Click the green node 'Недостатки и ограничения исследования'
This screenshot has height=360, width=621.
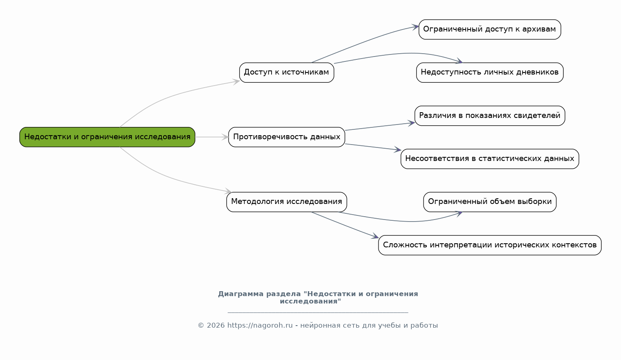click(x=107, y=137)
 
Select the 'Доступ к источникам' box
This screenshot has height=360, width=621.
click(x=287, y=72)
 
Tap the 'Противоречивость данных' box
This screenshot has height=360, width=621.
click(x=287, y=137)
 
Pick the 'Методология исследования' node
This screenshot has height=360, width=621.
click(x=287, y=202)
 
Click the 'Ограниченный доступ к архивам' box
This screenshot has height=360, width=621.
click(x=490, y=29)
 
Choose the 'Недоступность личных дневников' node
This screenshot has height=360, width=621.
click(x=490, y=72)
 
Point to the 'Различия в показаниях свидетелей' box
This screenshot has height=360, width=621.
click(x=490, y=115)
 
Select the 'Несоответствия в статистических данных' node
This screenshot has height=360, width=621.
click(x=490, y=159)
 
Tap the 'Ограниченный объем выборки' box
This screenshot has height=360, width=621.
click(x=490, y=202)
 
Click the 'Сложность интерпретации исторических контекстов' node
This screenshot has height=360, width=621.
click(x=490, y=245)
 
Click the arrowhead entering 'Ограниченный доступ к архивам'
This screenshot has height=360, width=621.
click(x=415, y=27)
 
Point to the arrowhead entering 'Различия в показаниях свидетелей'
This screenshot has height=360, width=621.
click(x=411, y=123)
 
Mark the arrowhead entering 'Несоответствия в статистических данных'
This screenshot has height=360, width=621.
click(x=398, y=149)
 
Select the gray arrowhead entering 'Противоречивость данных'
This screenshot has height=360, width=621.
click(x=225, y=137)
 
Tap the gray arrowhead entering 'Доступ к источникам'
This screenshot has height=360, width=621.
click(x=236, y=82)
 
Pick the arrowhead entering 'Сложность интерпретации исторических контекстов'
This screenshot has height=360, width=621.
click(x=375, y=236)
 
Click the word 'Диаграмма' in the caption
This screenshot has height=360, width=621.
click(x=240, y=294)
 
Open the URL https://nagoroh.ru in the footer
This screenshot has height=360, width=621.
click(x=260, y=325)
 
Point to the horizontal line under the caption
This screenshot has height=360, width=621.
click(x=318, y=312)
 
